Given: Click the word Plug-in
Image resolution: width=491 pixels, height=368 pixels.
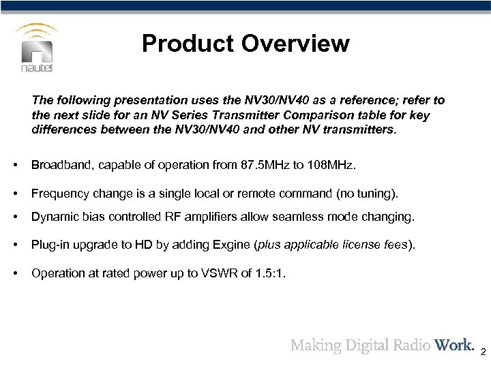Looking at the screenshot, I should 50,245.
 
